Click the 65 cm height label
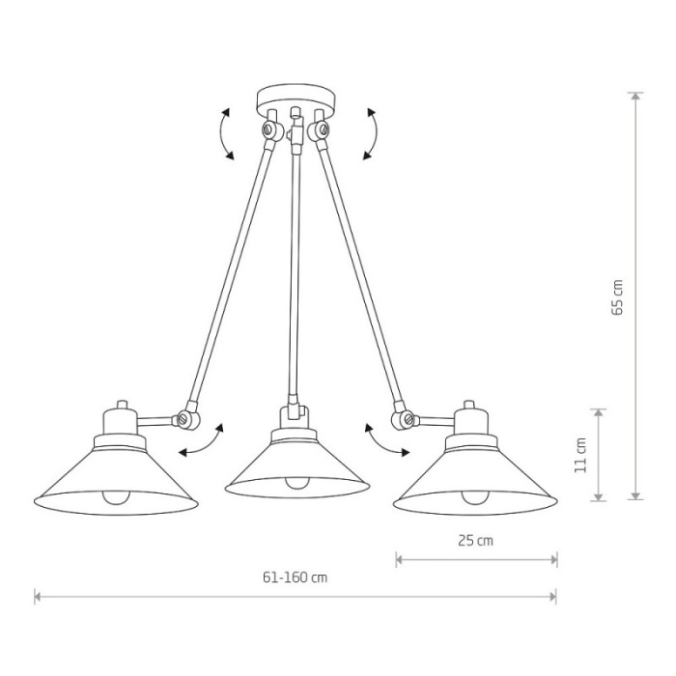tap(617, 297)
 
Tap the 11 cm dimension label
tap(580, 455)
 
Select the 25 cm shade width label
tap(475, 540)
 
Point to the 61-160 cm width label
tap(296, 577)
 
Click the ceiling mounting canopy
tap(296, 100)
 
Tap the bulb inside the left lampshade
tap(116, 497)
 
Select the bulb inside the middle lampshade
tap(297, 483)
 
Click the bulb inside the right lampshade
tap(475, 497)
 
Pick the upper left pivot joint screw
tap(269, 128)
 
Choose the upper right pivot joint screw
tap(323, 128)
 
